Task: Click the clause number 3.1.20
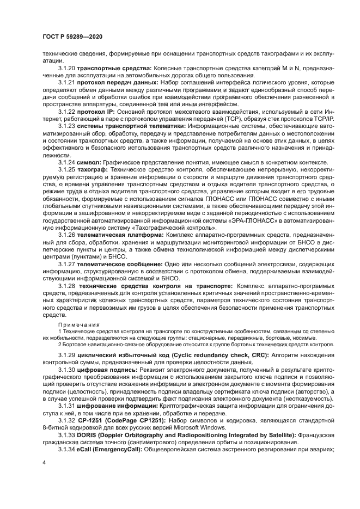pyautogui.click(x=66, y=68)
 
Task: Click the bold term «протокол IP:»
pyautogui.click(x=95, y=111)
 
